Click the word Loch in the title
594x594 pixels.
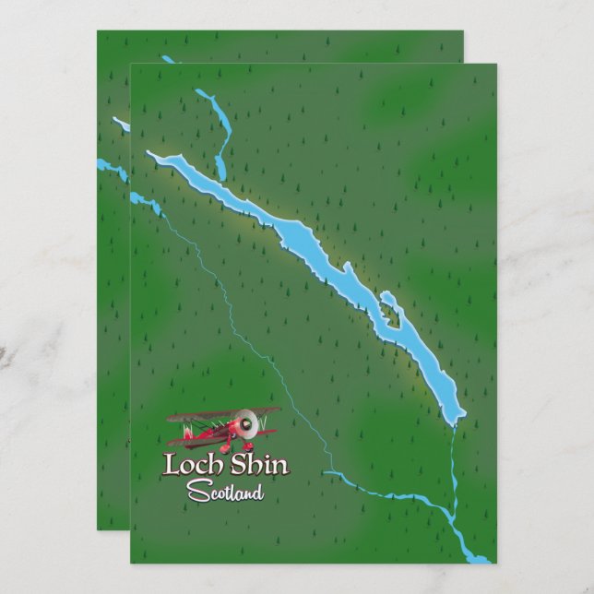(190, 465)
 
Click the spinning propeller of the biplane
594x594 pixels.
(244, 424)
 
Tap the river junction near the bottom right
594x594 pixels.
(449, 521)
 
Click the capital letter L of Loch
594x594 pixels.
(172, 465)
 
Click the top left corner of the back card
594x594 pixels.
(99, 32)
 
